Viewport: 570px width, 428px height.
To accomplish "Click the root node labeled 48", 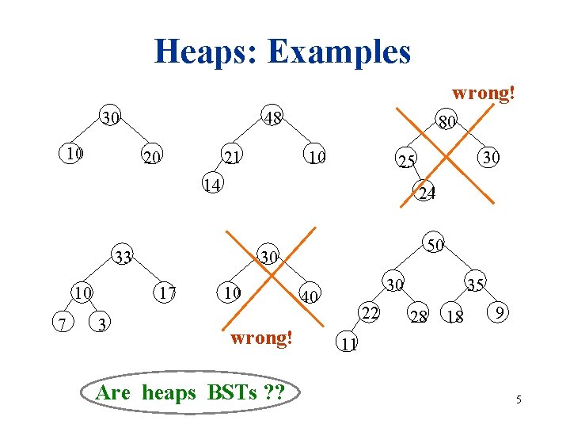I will coord(274,118).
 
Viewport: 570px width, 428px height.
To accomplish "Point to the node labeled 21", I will coord(232,157).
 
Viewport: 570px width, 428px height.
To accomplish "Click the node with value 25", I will coord(407,162).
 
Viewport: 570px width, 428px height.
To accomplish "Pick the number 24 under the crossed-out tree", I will coord(427,193).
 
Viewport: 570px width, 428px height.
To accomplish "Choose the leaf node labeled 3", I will coord(102,324).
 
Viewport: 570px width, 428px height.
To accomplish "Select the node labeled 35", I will coord(476,284).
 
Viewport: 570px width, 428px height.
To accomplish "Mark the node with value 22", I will coord(368,313).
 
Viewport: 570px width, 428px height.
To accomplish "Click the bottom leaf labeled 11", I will coord(348,343).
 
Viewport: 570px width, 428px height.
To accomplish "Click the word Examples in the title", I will coord(340,52).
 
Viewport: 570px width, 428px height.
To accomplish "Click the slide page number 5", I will coord(519,399).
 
